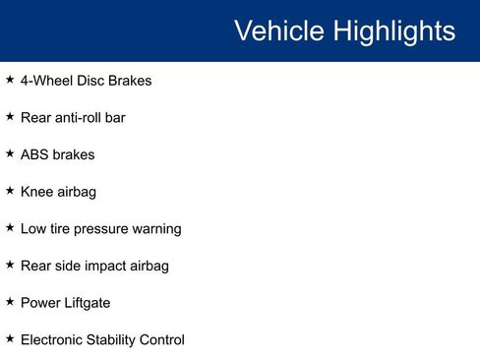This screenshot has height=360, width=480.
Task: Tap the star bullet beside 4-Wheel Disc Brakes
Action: pyautogui.click(x=10, y=80)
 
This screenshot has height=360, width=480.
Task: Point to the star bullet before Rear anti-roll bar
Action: pyautogui.click(x=10, y=117)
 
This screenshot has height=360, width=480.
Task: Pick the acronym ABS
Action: pyautogui.click(x=35, y=155)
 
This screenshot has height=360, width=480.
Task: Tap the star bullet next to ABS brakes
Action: pyautogui.click(x=10, y=154)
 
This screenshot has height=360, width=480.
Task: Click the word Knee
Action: pyautogui.click(x=37, y=192)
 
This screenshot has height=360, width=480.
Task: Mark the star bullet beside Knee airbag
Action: pyautogui.click(x=10, y=191)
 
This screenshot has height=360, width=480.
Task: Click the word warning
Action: pyautogui.click(x=156, y=229)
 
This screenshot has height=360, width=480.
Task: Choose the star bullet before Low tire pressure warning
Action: pyautogui.click(x=10, y=228)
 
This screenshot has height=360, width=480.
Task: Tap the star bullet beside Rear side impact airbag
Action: pyautogui.click(x=10, y=266)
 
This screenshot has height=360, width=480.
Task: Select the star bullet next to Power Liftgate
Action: pyautogui.click(x=10, y=302)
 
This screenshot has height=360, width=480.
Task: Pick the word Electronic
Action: pyautogui.click(x=55, y=340)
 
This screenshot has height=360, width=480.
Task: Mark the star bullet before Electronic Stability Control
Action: pyautogui.click(x=10, y=339)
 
